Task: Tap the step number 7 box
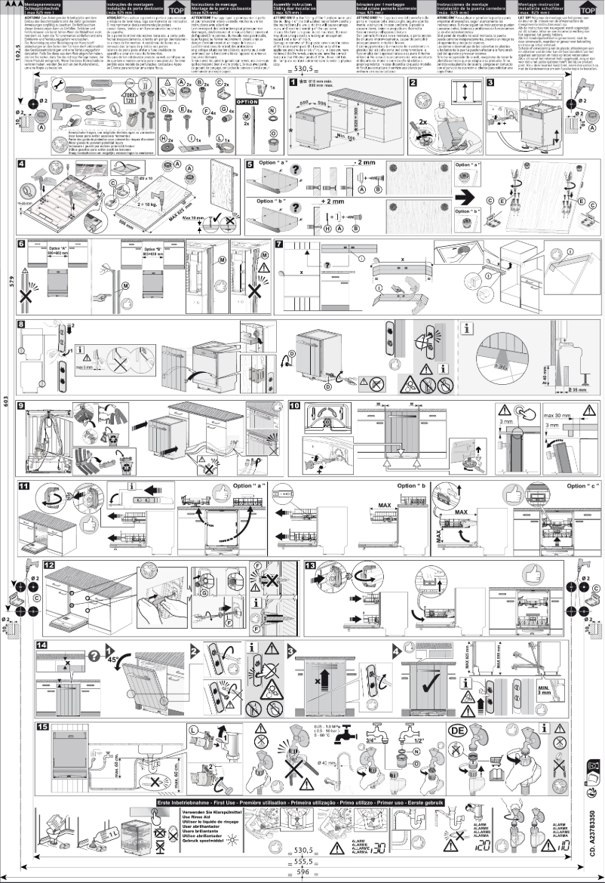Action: click(x=279, y=244)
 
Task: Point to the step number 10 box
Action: click(x=295, y=405)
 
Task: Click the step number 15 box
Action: click(x=42, y=727)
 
